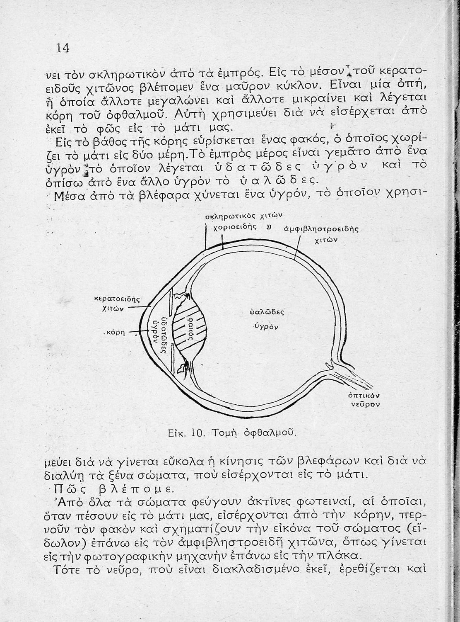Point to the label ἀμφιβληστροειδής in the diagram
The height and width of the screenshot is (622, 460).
(x=321, y=229)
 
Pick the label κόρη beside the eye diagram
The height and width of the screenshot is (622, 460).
(x=117, y=333)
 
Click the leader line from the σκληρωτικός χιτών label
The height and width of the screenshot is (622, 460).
(x=206, y=236)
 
